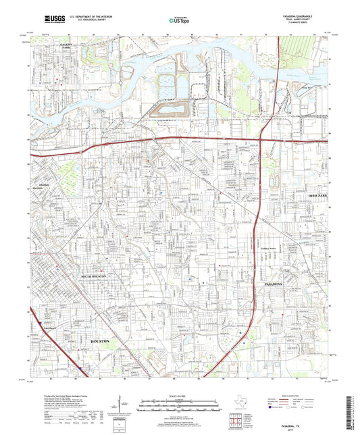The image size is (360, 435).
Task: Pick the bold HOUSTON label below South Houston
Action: (x=105, y=342)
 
